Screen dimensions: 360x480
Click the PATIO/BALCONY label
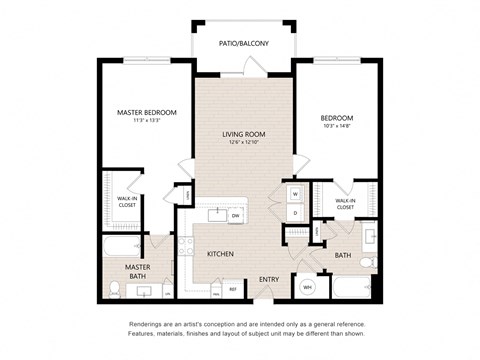click(243, 44)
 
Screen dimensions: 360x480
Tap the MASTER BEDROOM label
click(146, 113)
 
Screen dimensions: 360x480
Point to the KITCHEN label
click(220, 254)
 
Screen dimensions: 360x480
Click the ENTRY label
click(269, 279)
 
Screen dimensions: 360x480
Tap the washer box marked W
click(296, 194)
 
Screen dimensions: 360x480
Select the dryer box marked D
click(296, 213)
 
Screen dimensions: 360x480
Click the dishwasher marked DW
click(235, 215)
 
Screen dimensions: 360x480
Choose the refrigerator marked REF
click(232, 289)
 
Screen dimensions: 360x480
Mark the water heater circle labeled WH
click(308, 288)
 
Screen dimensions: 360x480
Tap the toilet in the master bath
click(115, 289)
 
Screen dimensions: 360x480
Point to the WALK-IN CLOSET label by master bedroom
click(126, 202)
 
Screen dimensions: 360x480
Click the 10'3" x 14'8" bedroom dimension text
click(336, 127)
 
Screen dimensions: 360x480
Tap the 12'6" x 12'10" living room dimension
click(243, 143)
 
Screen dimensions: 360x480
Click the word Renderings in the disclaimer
click(146, 325)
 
